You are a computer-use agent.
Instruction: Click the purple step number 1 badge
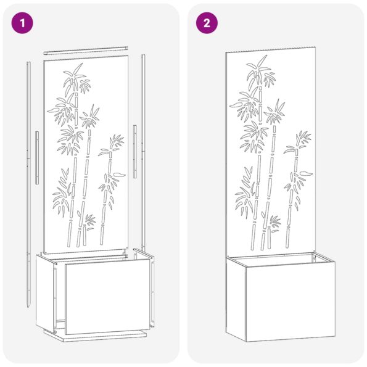tap(23, 23)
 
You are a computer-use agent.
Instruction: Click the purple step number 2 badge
tap(207, 23)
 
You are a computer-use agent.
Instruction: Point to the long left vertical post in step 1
tap(28, 185)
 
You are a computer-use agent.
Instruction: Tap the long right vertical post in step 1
tap(143, 154)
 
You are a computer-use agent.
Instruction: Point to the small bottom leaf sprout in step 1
tap(89, 221)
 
